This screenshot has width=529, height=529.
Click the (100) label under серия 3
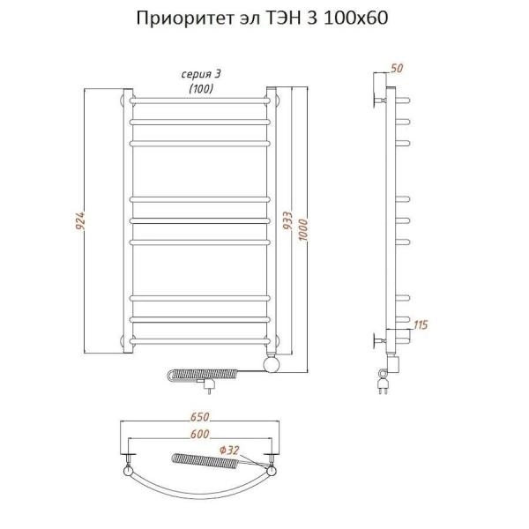(x=198, y=87)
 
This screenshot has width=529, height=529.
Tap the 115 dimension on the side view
(x=421, y=326)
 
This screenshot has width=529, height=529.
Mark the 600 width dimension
(x=200, y=433)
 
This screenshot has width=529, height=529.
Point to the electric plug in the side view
(x=384, y=384)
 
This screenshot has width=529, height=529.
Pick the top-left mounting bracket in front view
(x=124, y=100)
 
